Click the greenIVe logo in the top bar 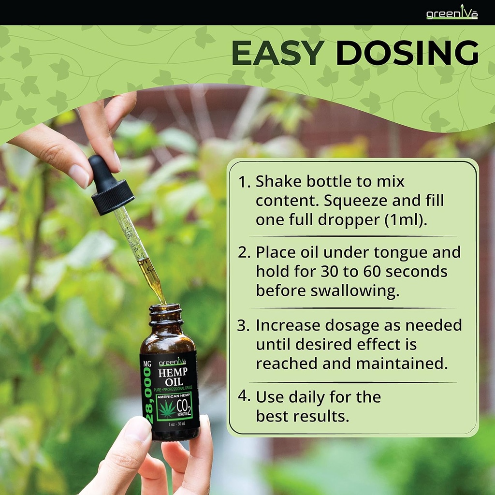[x=452, y=13]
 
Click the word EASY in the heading [x=278, y=53]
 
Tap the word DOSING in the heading [x=407, y=53]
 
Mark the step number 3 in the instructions [x=243, y=325]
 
